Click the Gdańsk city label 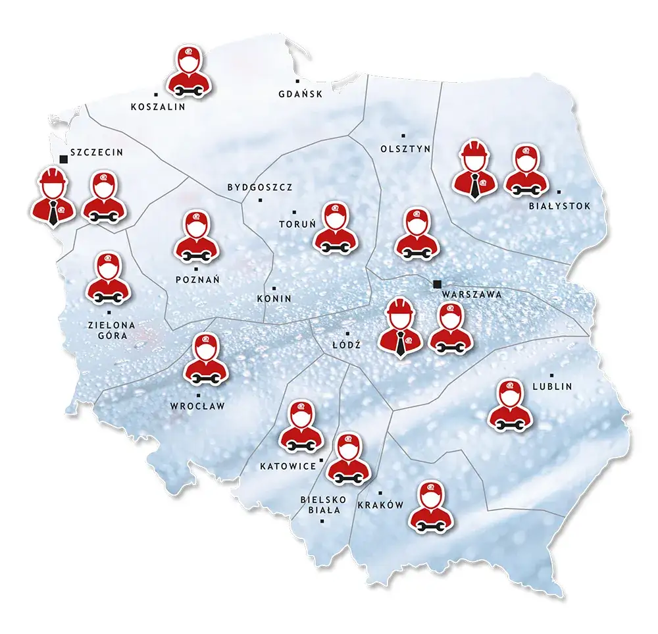coord(301,94)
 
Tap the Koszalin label coord(158,107)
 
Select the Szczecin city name coord(97,152)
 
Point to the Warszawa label coord(472,294)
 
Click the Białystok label coord(560,206)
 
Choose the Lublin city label coord(552,386)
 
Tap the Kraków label coord(380,506)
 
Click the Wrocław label coord(197,406)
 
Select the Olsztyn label coord(405,149)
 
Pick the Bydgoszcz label coord(260,187)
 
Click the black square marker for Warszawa coord(437,284)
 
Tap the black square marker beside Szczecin coord(63,158)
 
